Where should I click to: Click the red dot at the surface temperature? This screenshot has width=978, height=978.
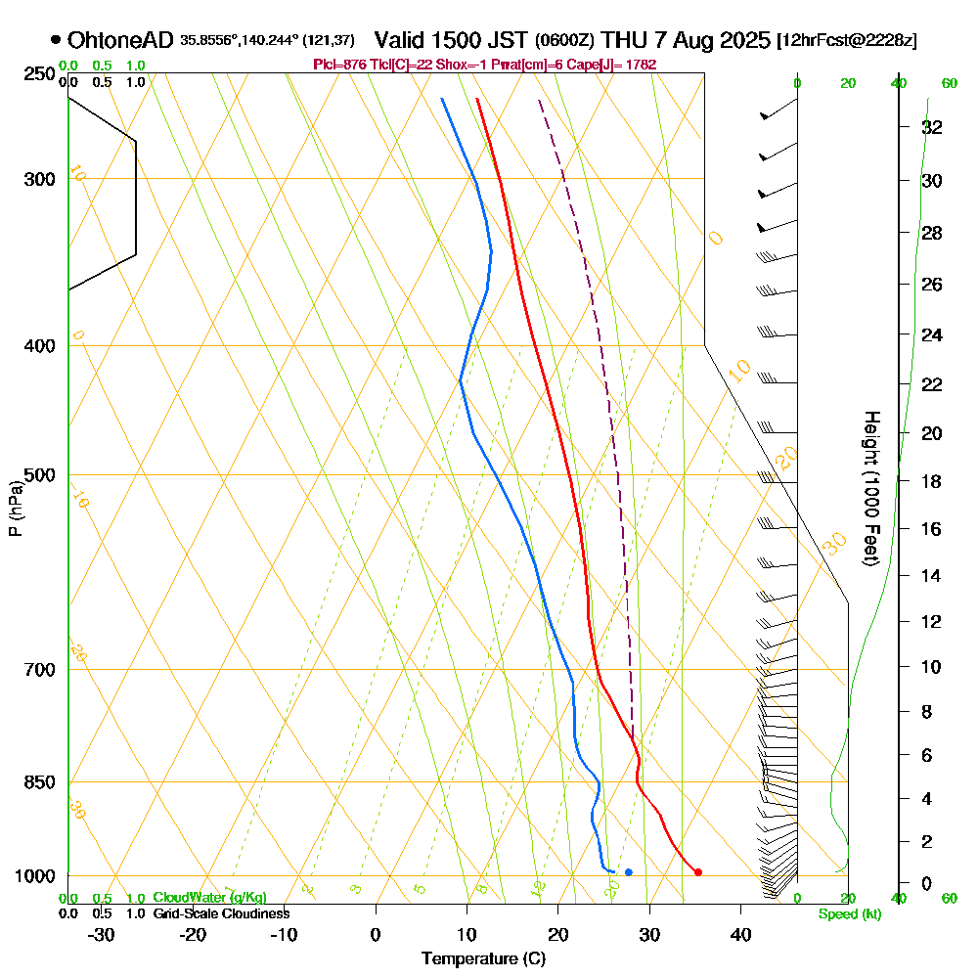click(x=697, y=871)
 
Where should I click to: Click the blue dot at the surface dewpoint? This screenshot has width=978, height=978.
click(x=628, y=871)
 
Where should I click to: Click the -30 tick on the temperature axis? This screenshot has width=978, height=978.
click(x=102, y=934)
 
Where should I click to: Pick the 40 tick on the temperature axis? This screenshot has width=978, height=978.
click(x=740, y=934)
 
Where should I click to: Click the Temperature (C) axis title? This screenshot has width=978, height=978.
click(x=483, y=959)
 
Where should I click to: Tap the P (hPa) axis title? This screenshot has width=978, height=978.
click(x=15, y=509)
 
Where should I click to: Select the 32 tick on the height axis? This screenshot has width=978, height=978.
click(x=932, y=127)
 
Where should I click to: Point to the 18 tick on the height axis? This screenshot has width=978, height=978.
click(x=932, y=481)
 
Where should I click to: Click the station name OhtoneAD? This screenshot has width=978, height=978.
click(x=121, y=41)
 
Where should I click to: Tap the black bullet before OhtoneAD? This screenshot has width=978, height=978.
click(x=56, y=41)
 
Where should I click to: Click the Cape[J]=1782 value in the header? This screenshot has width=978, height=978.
click(x=619, y=65)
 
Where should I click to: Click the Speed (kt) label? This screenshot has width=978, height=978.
click(x=850, y=914)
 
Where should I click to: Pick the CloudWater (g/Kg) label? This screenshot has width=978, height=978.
click(x=209, y=897)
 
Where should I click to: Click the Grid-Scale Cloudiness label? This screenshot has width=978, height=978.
click(x=220, y=913)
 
